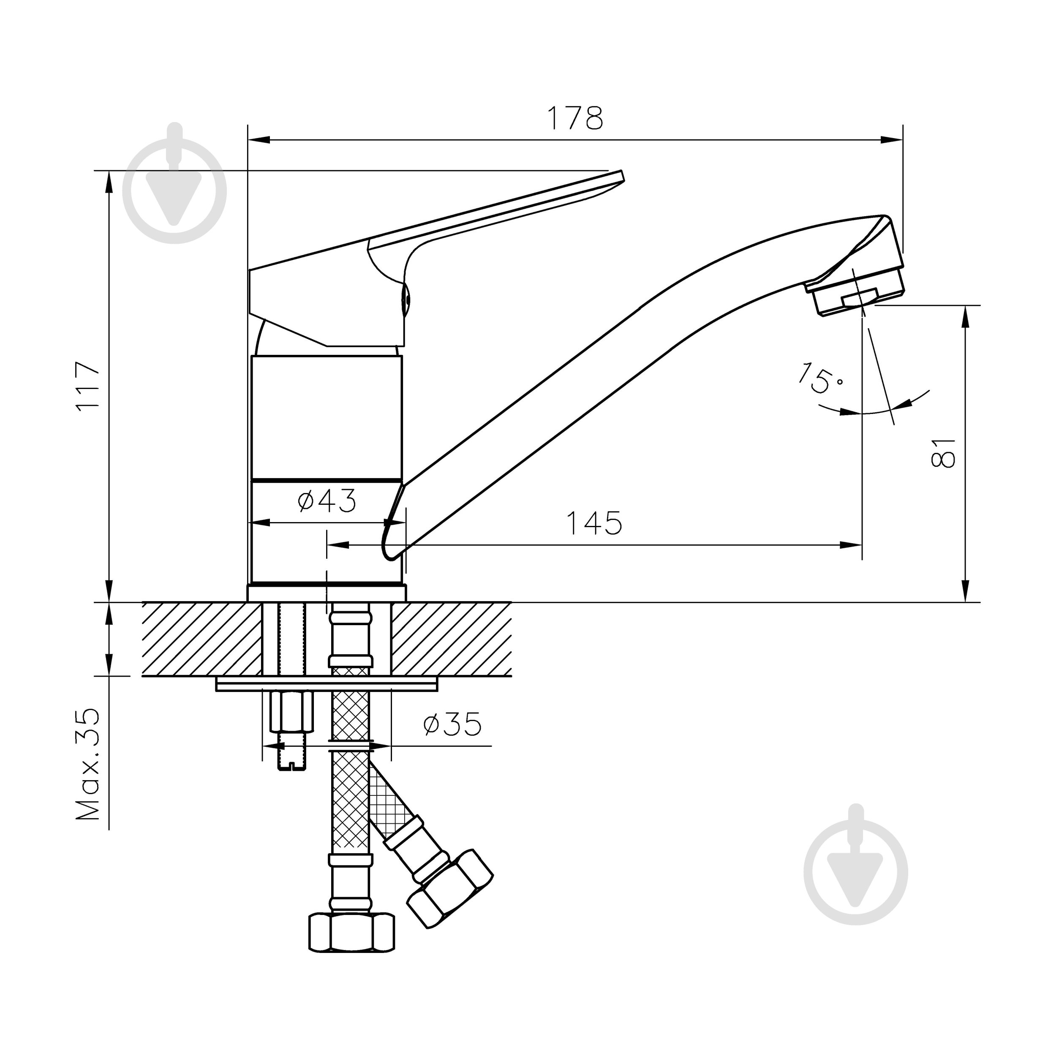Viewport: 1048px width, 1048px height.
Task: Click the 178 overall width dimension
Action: [x=575, y=118]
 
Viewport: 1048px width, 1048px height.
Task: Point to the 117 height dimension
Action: [x=88, y=386]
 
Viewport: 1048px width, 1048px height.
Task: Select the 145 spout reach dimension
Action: [x=594, y=523]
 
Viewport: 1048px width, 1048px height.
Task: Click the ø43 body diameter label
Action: [x=327, y=501]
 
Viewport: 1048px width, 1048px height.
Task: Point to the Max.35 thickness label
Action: [x=88, y=765]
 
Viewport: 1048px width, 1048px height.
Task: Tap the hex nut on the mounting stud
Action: [x=292, y=711]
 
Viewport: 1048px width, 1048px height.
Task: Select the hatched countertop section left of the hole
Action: [x=202, y=639]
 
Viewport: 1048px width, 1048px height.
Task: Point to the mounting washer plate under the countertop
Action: [x=327, y=684]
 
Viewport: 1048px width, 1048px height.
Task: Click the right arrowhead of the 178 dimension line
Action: [x=894, y=140]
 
